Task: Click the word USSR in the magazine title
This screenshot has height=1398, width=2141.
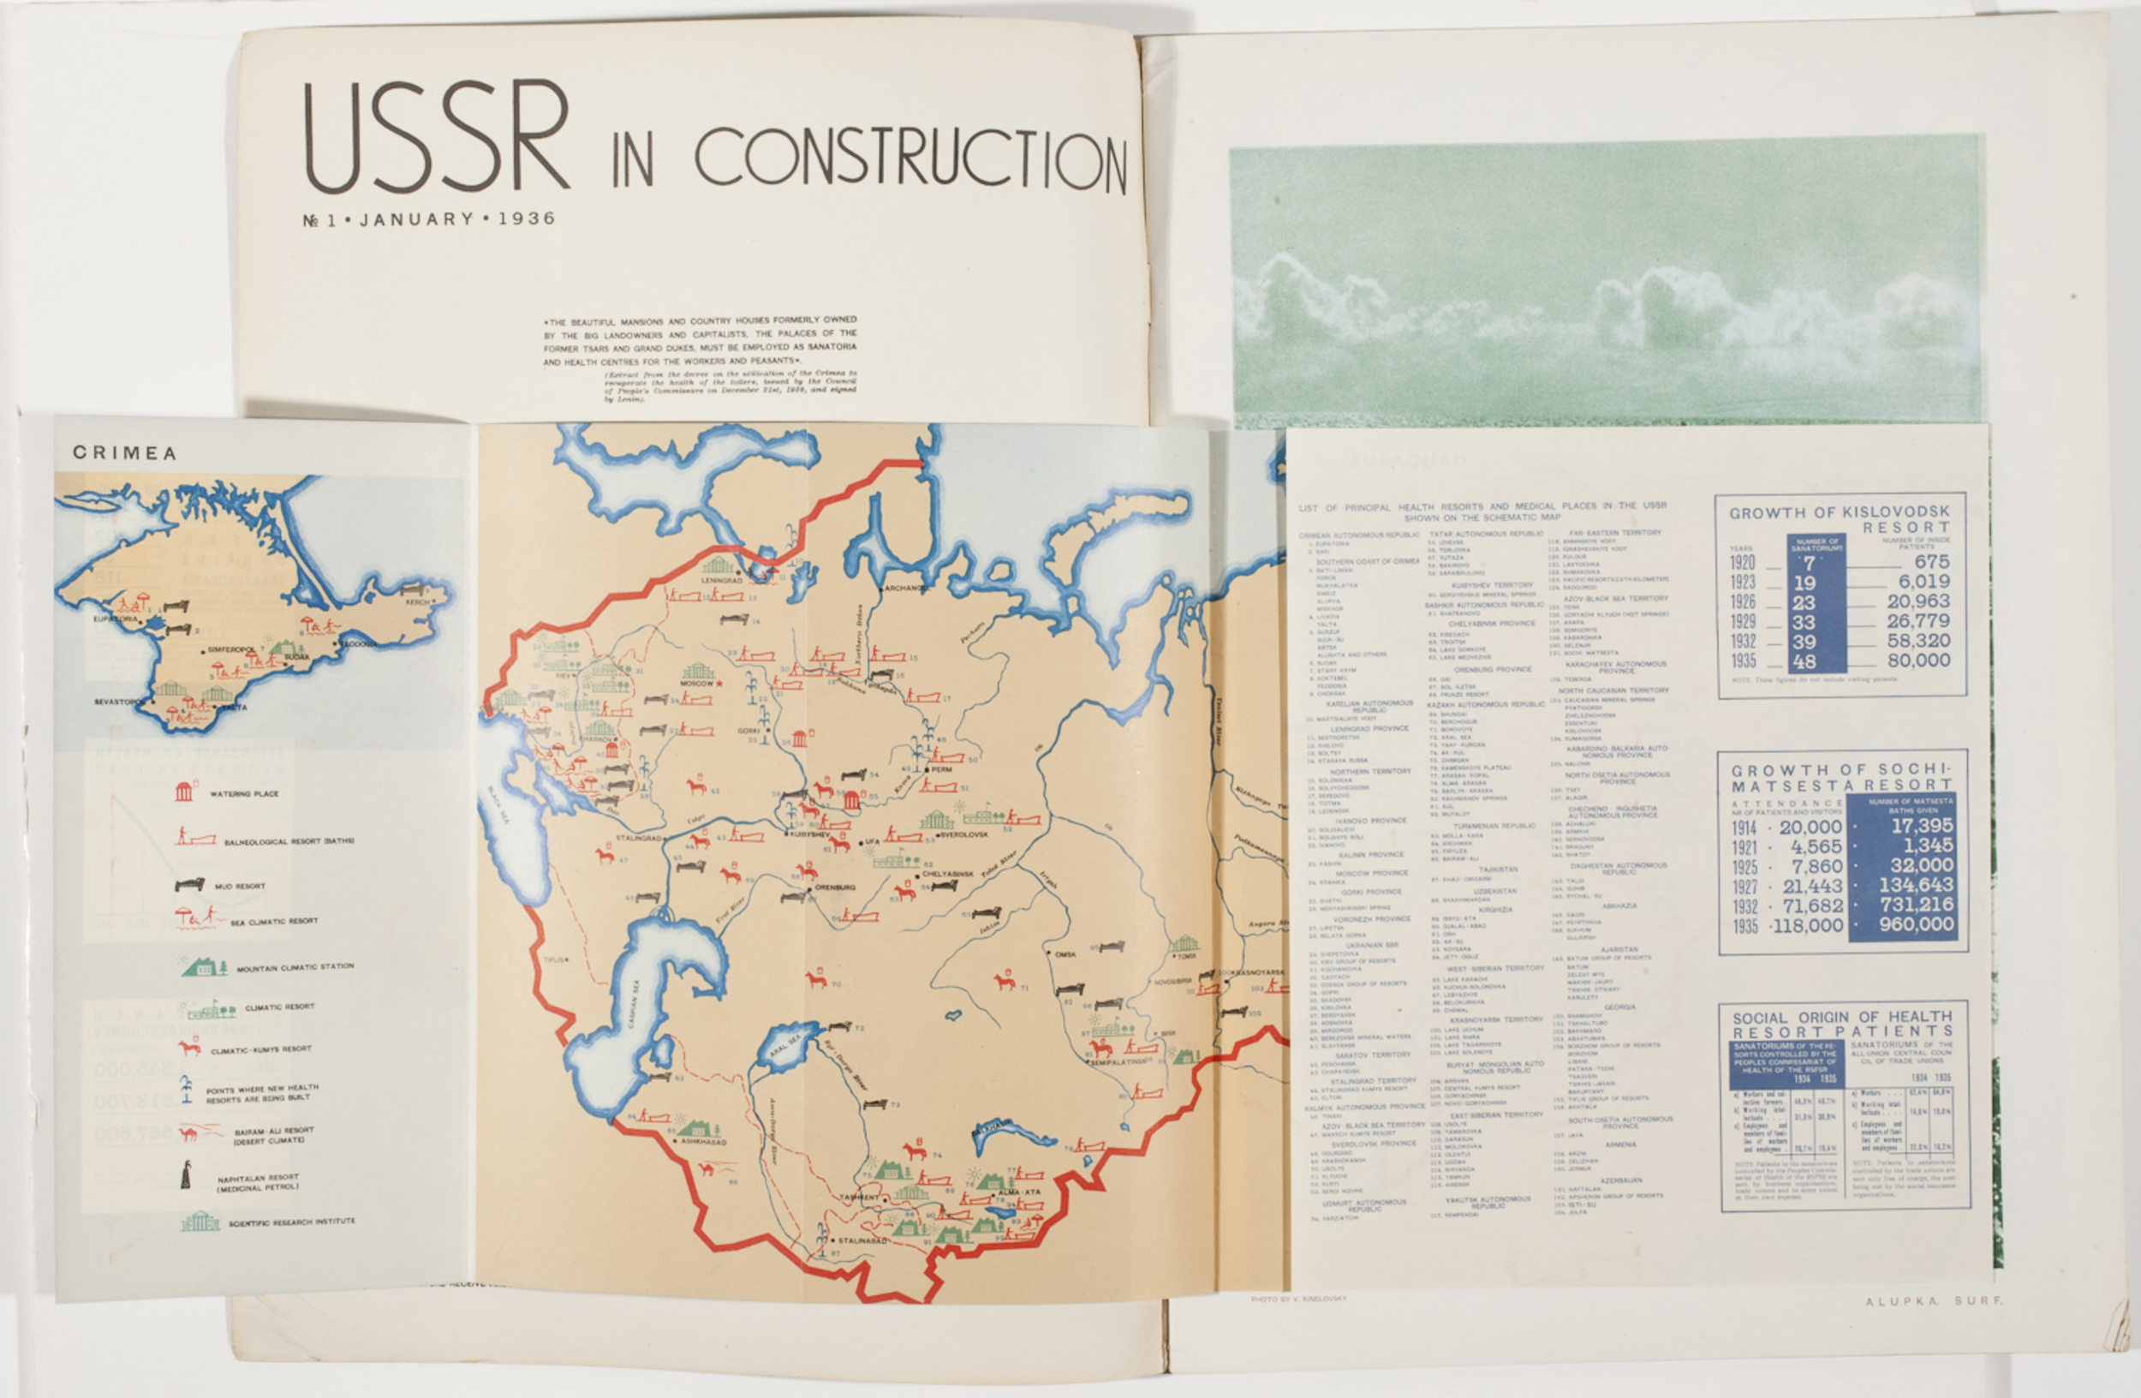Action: (x=435, y=137)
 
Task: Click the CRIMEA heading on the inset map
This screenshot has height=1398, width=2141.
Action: (x=124, y=453)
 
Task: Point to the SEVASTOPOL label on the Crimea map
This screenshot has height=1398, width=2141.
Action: (x=118, y=702)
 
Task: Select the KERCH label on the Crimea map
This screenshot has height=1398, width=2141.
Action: (x=416, y=602)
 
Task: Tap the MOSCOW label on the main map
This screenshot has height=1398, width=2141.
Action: (x=696, y=684)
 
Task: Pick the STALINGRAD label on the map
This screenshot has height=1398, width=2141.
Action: (x=638, y=838)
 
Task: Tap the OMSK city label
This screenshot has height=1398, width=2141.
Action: (x=1065, y=954)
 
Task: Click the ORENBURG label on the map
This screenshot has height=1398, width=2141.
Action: (x=835, y=887)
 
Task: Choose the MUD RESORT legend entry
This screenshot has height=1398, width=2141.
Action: (x=239, y=886)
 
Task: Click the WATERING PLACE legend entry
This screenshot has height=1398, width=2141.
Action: (x=244, y=793)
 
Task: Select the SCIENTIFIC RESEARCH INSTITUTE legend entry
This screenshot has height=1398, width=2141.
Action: (x=291, y=1222)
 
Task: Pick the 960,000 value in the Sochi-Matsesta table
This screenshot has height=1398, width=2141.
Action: (x=1916, y=924)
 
